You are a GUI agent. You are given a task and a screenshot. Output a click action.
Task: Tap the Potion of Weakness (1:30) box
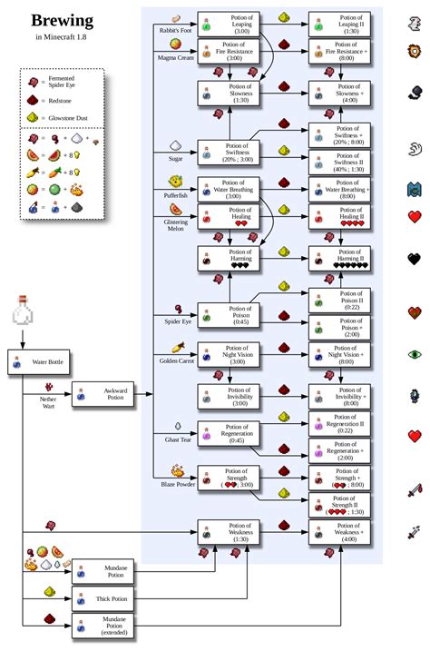coord(229,533)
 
